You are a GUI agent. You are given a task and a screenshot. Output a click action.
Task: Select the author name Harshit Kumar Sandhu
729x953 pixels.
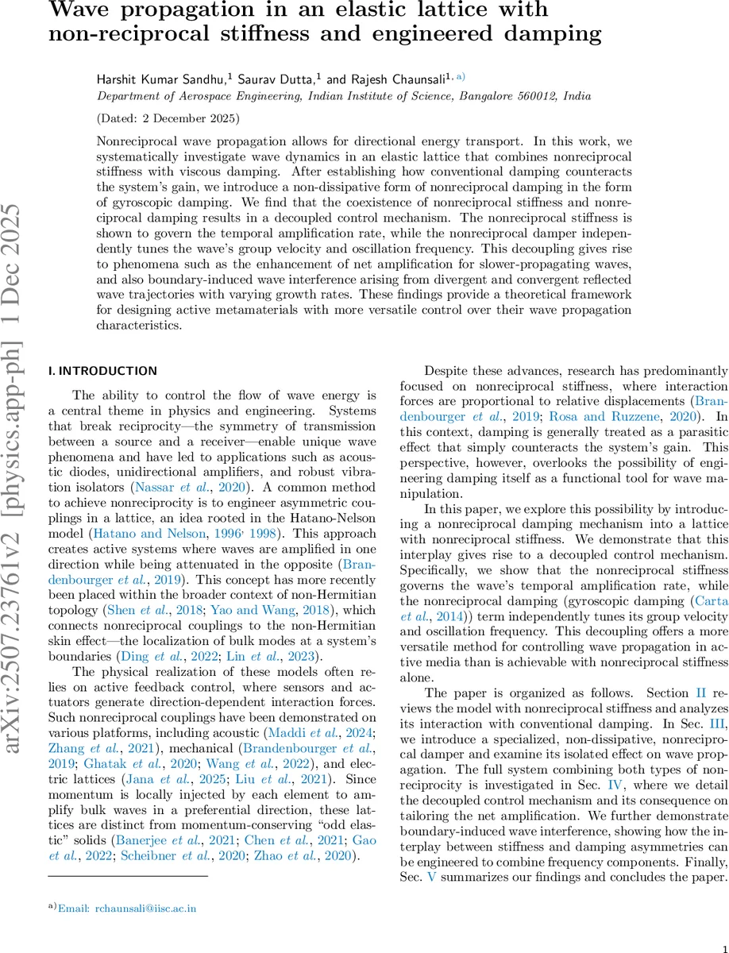coord(160,79)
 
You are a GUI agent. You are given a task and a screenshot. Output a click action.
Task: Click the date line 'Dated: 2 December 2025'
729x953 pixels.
coord(168,119)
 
